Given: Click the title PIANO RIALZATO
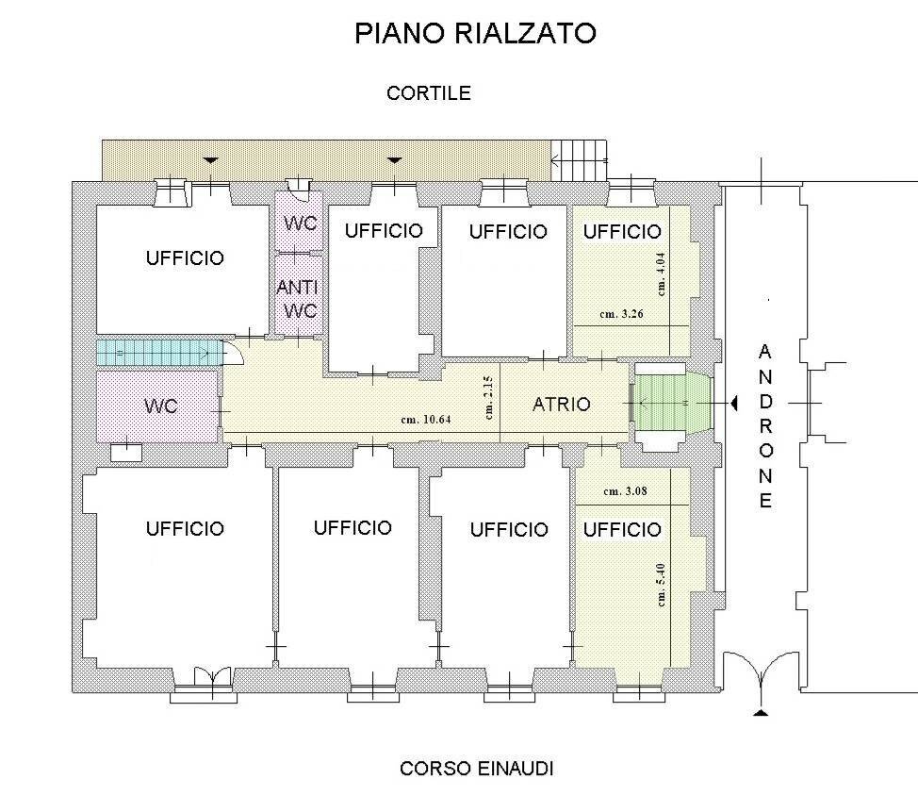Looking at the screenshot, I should point(476,33).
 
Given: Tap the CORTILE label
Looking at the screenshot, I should point(428,93).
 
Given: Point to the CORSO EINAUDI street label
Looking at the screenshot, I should point(476,769).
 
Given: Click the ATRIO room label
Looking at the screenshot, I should point(562,405).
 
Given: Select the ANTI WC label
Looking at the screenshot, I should point(297,298).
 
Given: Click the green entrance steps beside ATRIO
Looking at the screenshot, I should point(671,403).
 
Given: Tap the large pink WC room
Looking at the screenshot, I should point(159,406).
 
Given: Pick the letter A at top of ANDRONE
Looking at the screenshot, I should point(764,352).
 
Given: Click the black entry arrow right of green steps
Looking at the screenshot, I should point(730,404).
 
